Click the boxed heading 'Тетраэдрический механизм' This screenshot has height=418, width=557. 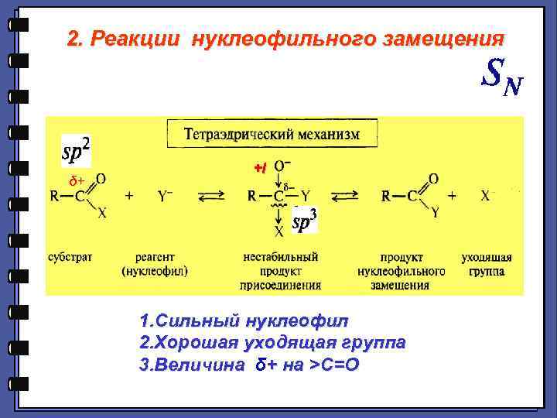272,134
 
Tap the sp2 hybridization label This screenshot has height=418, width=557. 76,151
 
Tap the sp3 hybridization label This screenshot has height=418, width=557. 305,223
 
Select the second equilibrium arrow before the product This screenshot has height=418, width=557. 343,197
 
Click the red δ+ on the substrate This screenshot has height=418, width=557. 75,180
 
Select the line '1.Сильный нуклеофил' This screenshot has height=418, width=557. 244,320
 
